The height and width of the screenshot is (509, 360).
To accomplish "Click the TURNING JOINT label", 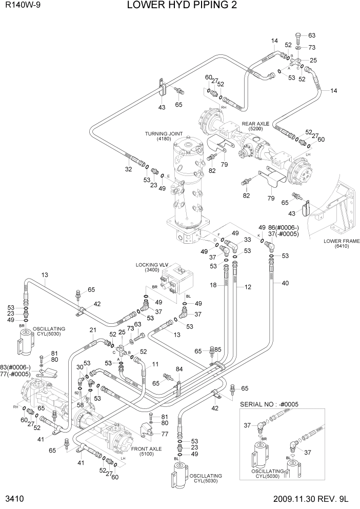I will [164, 134].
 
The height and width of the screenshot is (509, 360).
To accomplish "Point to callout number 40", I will [285, 283].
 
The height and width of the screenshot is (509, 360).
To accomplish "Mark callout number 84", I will [179, 369].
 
